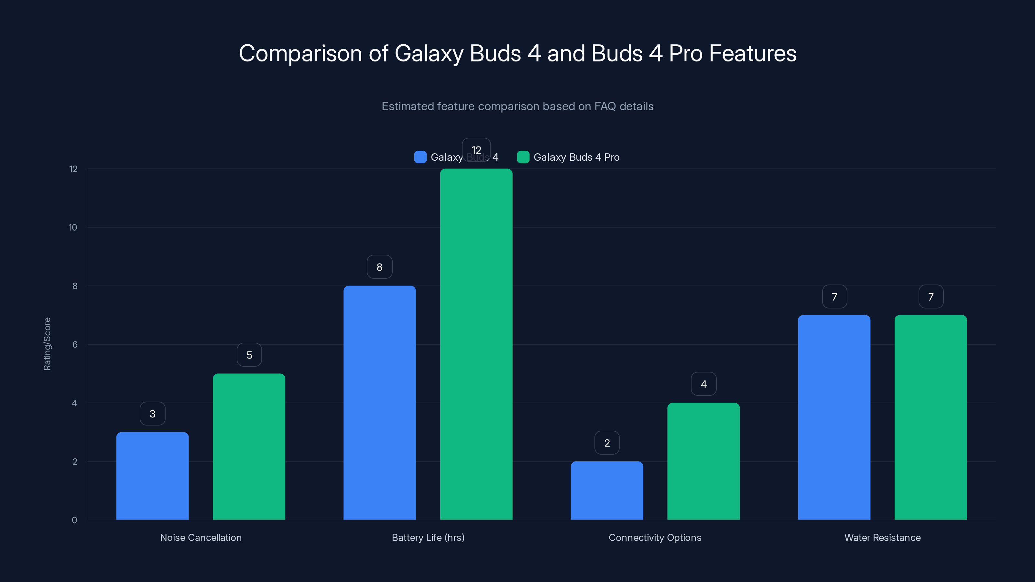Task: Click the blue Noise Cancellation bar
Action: [x=152, y=476]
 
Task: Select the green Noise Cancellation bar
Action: [x=249, y=447]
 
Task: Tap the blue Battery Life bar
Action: [x=379, y=403]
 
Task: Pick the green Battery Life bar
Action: [x=476, y=344]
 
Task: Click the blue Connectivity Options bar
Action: [x=607, y=490]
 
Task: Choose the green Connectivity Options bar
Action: [x=703, y=461]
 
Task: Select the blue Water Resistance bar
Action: [x=834, y=417]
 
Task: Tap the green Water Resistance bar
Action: [x=931, y=417]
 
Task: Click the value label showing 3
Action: [x=152, y=414]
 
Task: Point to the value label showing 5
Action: [x=249, y=355]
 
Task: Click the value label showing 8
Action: [x=379, y=267]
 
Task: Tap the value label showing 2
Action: [x=607, y=443]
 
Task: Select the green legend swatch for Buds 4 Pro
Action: [x=523, y=157]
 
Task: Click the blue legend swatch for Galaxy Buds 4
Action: [x=420, y=157]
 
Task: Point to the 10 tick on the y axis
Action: [x=73, y=228]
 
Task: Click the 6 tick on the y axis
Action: [x=75, y=345]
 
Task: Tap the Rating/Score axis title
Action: [x=47, y=344]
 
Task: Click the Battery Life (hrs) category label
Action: [x=428, y=537]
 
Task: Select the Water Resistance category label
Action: [x=882, y=537]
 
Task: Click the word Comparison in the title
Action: [x=300, y=53]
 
